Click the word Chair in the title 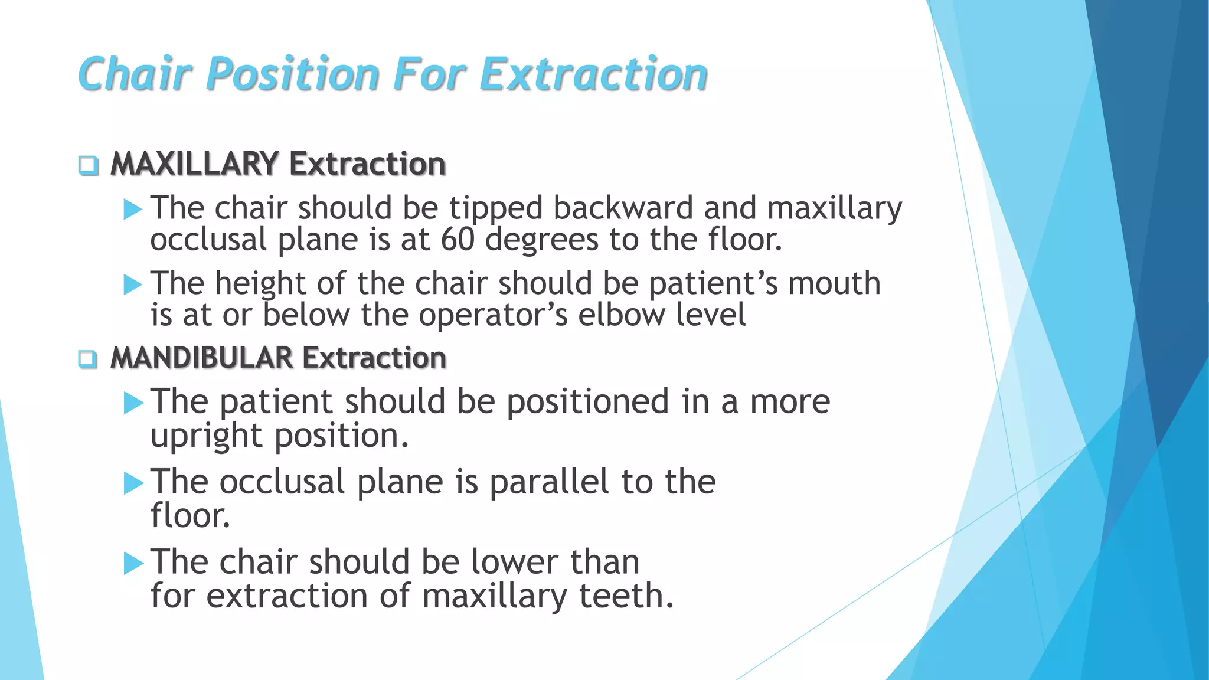click(135, 74)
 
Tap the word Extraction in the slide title click(593, 74)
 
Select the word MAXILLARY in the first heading click(194, 164)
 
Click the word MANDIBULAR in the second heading click(201, 358)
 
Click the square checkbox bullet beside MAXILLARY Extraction click(89, 165)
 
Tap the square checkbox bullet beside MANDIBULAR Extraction click(88, 359)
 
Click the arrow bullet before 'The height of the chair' click(133, 285)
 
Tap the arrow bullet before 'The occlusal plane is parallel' click(133, 483)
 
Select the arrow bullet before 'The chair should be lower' click(133, 563)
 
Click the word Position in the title click(293, 74)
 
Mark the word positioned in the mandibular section click(587, 403)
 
